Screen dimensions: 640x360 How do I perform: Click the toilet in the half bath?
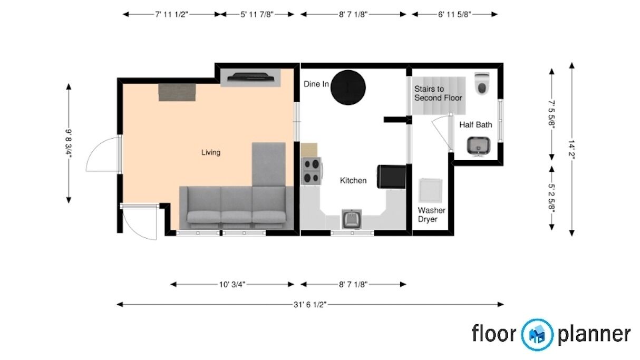(482, 84)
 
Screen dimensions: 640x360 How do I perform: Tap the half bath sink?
(479, 146)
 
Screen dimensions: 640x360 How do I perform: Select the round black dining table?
(348, 87)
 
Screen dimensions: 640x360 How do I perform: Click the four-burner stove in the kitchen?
(311, 171)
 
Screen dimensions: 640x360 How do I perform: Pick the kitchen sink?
(352, 219)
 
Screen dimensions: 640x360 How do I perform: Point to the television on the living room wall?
(250, 77)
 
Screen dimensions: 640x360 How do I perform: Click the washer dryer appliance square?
(430, 191)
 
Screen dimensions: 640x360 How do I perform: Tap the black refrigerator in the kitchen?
(392, 177)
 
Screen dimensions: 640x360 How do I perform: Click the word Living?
(211, 152)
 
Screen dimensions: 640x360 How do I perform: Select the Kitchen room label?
(353, 181)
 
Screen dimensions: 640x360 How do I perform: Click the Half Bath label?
(476, 125)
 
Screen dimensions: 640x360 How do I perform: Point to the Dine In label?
(316, 84)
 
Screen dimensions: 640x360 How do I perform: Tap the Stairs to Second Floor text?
(438, 93)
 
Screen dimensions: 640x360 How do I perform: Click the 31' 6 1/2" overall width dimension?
(310, 305)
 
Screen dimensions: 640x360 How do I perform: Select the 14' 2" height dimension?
(571, 148)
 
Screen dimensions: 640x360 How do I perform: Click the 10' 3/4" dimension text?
(232, 285)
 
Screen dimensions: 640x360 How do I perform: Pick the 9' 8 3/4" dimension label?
(69, 143)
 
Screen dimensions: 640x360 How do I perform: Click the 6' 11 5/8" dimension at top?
(454, 15)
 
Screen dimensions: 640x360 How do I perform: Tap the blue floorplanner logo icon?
(537, 335)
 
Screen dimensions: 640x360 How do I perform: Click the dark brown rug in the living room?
(177, 92)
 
